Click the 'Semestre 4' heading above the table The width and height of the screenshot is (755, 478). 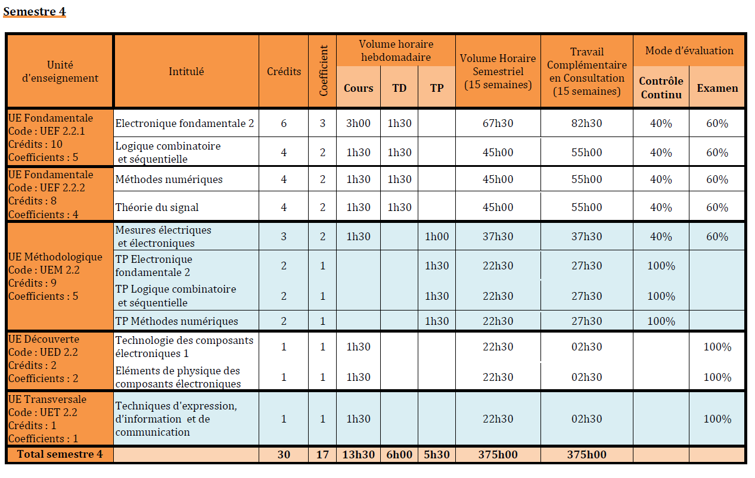click(35, 11)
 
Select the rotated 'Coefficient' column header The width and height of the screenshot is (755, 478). click(323, 71)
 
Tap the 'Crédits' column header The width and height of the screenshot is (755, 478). click(284, 72)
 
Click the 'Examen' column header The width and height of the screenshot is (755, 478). click(717, 88)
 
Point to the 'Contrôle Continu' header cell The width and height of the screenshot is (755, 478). click(661, 88)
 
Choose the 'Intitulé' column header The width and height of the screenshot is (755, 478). click(186, 72)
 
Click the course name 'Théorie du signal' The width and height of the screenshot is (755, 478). click(157, 207)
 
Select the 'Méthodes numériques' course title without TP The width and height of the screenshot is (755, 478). click(169, 179)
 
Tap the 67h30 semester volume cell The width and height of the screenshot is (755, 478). click(498, 123)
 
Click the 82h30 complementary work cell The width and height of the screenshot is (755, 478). click(587, 123)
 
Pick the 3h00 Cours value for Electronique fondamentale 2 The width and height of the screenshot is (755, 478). click(358, 123)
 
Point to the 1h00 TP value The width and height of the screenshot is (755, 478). click(437, 237)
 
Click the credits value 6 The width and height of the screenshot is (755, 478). click(284, 123)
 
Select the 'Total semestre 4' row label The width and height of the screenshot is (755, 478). click(60, 454)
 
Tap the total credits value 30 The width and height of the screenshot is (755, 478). click(284, 454)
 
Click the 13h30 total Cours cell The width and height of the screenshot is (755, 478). click(358, 454)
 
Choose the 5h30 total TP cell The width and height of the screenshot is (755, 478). click(437, 454)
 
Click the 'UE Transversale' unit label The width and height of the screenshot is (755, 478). click(47, 399)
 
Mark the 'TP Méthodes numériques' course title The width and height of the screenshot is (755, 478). click(176, 321)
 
